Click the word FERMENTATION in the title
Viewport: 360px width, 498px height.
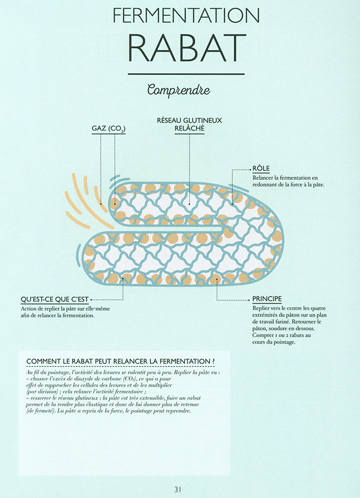tap(186, 15)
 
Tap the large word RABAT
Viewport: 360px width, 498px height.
tap(187, 48)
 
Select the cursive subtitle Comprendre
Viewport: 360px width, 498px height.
tap(179, 90)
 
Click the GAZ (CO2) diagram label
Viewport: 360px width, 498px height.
tap(109, 128)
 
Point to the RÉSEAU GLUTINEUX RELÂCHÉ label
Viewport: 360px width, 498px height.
tap(190, 124)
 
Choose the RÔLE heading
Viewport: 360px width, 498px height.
tap(261, 168)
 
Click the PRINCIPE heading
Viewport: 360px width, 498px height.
tap(267, 299)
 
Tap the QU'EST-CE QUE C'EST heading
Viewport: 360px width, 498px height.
tap(55, 299)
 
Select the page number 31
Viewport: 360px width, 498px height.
tap(178, 490)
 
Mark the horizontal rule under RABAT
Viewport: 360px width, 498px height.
tap(186, 74)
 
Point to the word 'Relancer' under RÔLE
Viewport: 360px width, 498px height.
tap(263, 178)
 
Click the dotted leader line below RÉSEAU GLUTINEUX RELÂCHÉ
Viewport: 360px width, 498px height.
tap(190, 169)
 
